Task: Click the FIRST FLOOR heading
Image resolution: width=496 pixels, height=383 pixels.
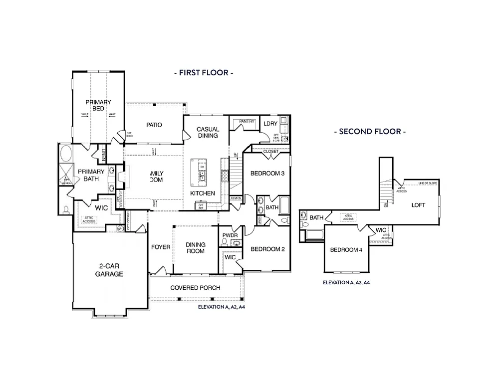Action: (x=204, y=73)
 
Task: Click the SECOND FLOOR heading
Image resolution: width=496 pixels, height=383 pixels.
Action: (x=369, y=132)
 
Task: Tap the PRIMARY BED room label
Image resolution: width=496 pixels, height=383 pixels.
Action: (x=98, y=105)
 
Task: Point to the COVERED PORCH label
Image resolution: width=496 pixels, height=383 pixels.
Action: (x=195, y=288)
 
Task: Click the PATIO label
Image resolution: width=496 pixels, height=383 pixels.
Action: (x=154, y=125)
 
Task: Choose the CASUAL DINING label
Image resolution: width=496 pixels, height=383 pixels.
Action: (x=208, y=132)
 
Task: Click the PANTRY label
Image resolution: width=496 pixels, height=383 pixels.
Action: (x=247, y=122)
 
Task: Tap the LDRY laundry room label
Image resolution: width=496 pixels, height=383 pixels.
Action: (x=270, y=123)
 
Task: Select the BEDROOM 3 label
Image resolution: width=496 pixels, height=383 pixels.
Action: (x=267, y=174)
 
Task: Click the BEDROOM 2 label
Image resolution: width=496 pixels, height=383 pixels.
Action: (x=267, y=249)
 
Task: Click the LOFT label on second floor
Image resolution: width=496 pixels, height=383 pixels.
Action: (x=418, y=205)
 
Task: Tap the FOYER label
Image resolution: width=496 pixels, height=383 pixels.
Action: (x=160, y=247)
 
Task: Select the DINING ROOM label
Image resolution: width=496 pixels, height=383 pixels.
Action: (x=195, y=248)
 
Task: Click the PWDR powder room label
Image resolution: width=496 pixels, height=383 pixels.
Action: (x=230, y=235)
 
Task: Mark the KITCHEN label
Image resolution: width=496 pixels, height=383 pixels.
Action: (x=203, y=193)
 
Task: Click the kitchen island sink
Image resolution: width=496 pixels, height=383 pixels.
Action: (x=203, y=175)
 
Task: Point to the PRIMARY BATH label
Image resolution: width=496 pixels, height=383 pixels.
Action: (x=91, y=175)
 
